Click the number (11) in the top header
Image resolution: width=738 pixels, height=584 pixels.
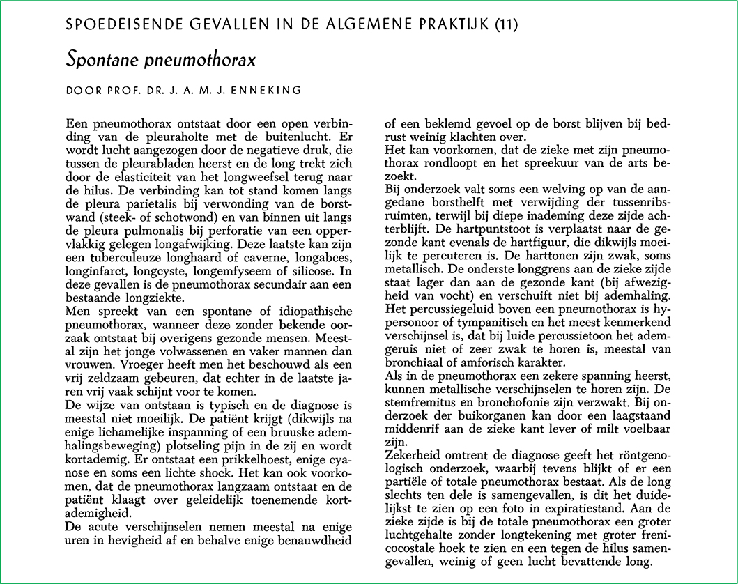505,26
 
